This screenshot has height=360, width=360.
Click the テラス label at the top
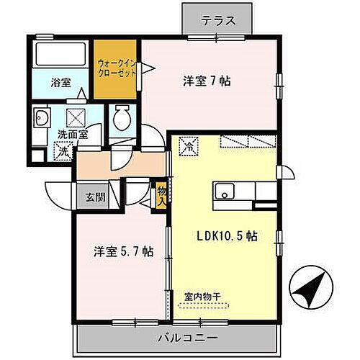(219, 19)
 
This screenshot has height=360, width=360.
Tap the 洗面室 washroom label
(72, 134)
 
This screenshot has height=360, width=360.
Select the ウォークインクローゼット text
(117, 68)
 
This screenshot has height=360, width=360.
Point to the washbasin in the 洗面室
(41, 118)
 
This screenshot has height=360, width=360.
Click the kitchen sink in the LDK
(225, 193)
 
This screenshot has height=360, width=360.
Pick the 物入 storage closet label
(161, 195)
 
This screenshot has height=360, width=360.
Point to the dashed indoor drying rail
(202, 305)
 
